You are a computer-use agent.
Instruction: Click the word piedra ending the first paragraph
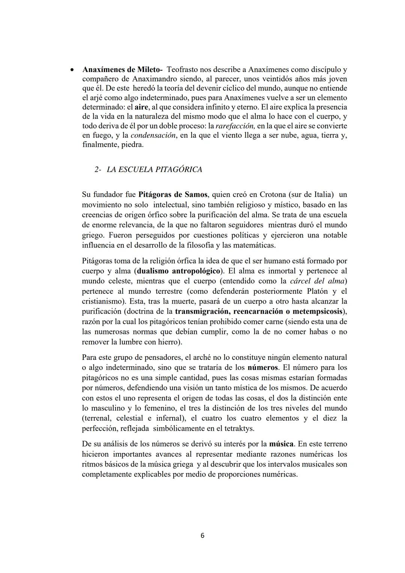132,144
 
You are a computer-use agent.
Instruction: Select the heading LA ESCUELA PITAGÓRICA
154,170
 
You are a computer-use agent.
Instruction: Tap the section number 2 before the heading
97,170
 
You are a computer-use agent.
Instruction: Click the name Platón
318,291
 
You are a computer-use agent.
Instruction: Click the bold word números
263,367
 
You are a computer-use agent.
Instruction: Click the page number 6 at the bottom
202,535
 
